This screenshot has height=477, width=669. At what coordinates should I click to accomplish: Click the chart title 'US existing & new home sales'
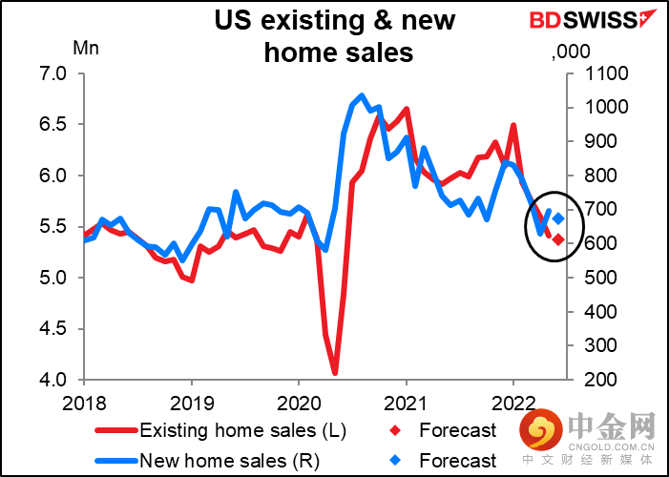tap(335, 36)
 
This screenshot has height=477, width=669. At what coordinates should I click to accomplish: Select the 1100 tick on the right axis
tap(600, 73)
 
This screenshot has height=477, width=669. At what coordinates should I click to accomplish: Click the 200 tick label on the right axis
tap(600, 380)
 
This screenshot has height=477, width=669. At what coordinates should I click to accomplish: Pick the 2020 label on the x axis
tap(299, 404)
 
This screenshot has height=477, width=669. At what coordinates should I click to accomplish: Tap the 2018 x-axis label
tap(84, 404)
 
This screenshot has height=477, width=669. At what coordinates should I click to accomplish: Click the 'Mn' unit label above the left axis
tap(86, 49)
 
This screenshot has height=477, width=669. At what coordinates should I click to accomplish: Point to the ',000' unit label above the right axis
tap(571, 52)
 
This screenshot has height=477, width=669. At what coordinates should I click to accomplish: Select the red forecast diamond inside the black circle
tap(558, 239)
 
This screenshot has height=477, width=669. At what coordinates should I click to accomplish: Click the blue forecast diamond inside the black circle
tap(558, 218)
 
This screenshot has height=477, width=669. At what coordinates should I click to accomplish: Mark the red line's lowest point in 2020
tap(334, 373)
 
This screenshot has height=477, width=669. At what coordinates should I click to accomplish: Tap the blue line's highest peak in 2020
tap(362, 95)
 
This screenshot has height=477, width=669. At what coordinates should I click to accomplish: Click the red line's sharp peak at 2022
tap(513, 125)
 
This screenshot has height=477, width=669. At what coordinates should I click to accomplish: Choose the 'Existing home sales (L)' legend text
tap(242, 430)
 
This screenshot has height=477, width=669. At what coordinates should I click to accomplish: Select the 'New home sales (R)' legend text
tap(230, 461)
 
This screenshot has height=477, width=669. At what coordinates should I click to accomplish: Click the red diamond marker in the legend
tap(396, 430)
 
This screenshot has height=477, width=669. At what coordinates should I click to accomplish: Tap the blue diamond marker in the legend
tap(396, 461)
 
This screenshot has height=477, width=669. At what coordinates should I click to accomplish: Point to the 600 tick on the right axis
tap(600, 243)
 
